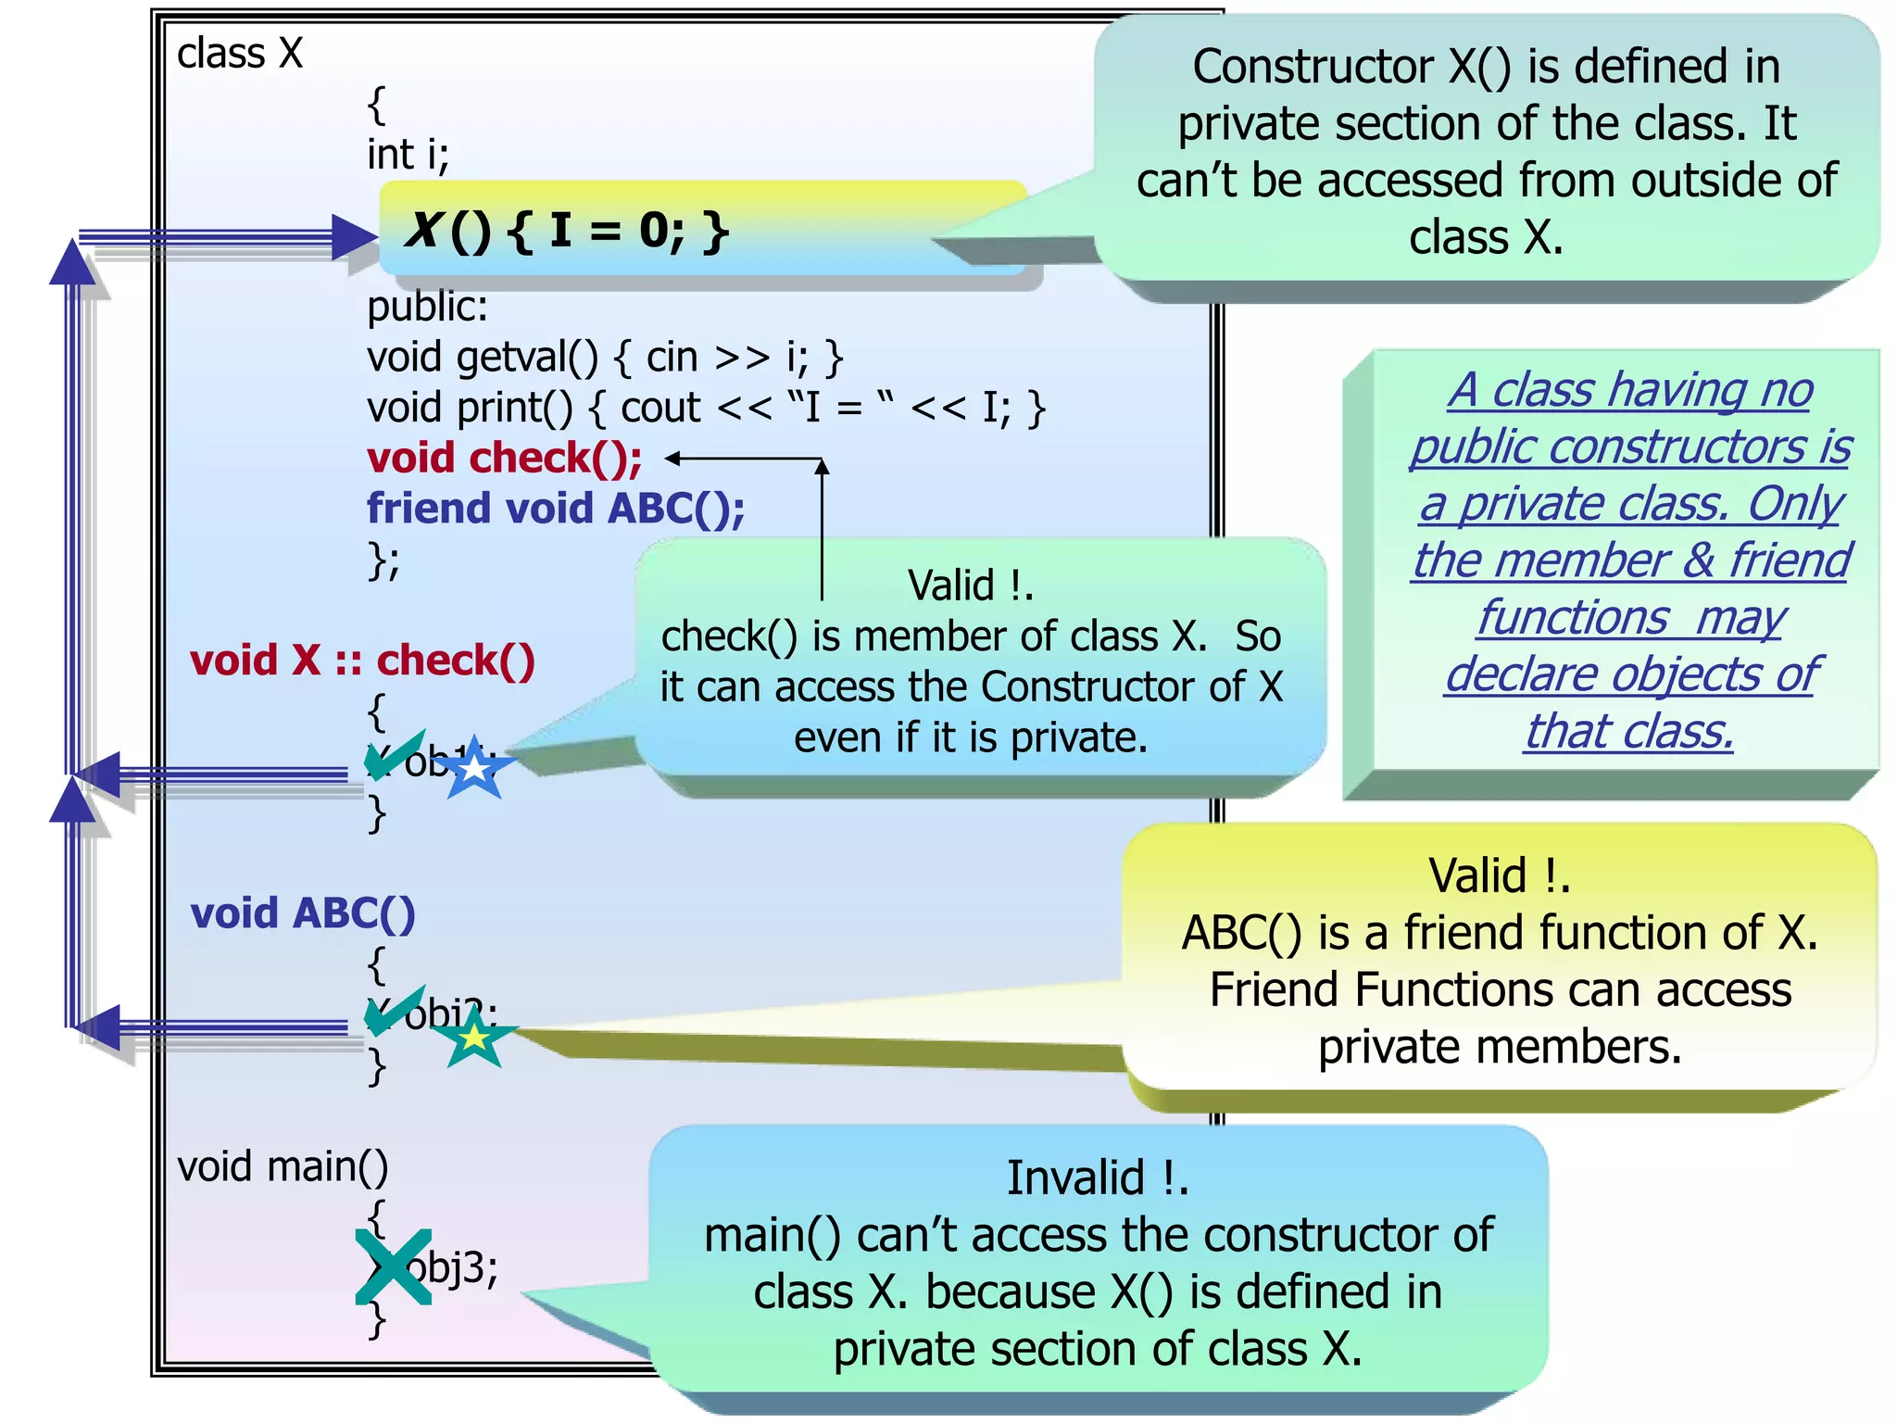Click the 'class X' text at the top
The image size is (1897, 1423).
coord(240,53)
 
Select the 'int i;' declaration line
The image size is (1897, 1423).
coord(408,154)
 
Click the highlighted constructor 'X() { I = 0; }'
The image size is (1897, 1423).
coord(567,230)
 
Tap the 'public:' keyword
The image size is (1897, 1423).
coord(427,307)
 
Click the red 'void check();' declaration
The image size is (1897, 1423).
coord(505,458)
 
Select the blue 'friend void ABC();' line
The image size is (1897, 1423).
coord(556,509)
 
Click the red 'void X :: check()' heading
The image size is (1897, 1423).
coord(362,661)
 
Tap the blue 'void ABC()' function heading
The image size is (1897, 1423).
coord(303,913)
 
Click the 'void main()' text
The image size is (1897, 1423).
coord(283,1166)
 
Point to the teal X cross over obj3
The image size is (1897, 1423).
coord(394,1266)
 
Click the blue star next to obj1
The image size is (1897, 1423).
coord(474,768)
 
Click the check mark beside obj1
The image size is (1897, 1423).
coord(393,754)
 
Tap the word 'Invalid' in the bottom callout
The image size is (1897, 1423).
coord(1074,1178)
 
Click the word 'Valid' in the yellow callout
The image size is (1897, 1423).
coord(1477,875)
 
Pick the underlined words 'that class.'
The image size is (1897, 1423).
coord(1628,731)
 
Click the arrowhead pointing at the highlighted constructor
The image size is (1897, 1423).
coord(355,237)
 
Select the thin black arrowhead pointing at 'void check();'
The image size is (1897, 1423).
coord(673,458)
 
